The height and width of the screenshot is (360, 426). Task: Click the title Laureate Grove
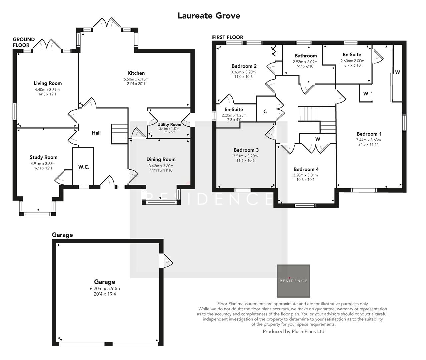click(208, 16)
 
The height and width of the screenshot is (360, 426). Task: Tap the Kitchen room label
click(136, 73)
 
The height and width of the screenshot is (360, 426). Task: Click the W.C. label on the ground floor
click(84, 167)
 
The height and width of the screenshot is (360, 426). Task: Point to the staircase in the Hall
click(119, 133)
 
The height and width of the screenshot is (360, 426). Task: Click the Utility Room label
click(169, 124)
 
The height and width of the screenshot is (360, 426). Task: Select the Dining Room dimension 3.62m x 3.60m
click(161, 166)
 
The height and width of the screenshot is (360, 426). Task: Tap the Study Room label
click(43, 157)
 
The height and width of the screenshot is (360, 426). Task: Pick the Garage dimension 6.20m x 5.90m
click(105, 289)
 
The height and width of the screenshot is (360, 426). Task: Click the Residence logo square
click(293, 281)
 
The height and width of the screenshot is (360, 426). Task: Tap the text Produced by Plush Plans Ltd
click(293, 331)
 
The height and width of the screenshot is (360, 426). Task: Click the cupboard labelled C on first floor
click(265, 112)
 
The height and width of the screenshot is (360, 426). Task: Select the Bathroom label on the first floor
click(305, 56)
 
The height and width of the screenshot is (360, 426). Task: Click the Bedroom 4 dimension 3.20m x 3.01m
click(305, 175)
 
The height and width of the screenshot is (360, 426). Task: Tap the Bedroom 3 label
click(246, 150)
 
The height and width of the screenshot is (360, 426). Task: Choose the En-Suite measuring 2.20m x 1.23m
click(234, 115)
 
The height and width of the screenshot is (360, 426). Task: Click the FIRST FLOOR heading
click(228, 37)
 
